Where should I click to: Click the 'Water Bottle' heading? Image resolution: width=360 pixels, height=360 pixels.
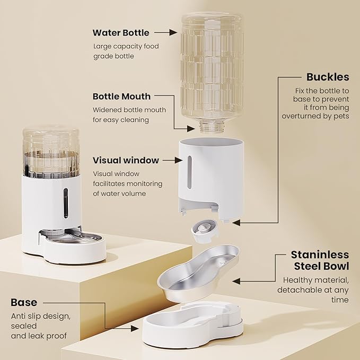[121, 32]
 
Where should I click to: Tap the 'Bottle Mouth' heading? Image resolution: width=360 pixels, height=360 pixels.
[121, 96]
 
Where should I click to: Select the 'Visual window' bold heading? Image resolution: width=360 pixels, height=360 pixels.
[126, 160]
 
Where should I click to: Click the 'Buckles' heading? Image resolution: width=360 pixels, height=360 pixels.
[328, 77]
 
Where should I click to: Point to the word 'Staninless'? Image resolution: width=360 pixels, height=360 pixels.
[320, 255]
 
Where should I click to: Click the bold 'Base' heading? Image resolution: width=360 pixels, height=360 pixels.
[24, 303]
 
